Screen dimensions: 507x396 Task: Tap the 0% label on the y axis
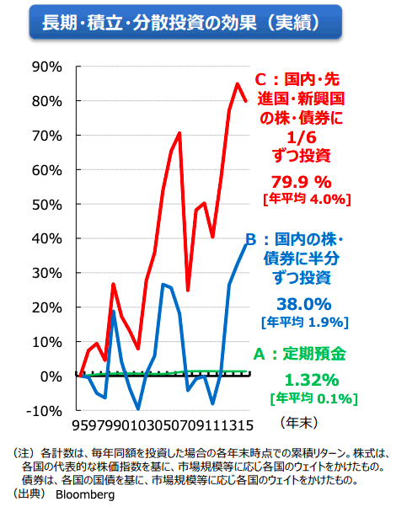coord(53,376)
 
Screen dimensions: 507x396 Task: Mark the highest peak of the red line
coord(238,83)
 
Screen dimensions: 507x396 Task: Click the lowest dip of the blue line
coord(138,408)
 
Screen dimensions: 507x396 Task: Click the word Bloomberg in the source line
coord(84,495)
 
